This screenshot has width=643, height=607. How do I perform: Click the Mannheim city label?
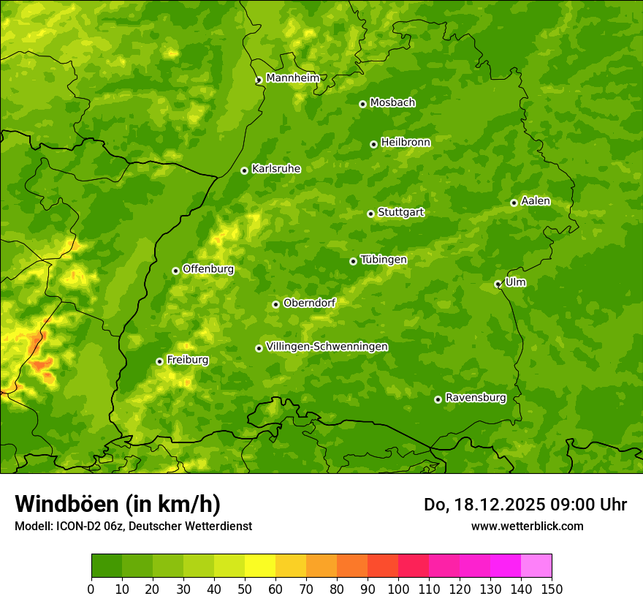click(x=292, y=78)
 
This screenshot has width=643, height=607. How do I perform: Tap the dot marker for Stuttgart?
click(x=370, y=214)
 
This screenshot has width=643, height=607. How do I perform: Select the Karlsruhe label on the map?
click(x=276, y=169)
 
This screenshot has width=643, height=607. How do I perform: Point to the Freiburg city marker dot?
click(x=159, y=361)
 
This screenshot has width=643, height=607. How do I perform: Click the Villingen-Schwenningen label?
click(x=327, y=347)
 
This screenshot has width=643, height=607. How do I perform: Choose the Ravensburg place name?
click(x=476, y=398)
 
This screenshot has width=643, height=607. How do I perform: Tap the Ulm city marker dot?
click(x=498, y=284)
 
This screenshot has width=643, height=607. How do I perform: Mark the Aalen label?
click(x=536, y=201)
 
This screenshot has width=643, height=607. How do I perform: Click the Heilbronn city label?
click(x=406, y=143)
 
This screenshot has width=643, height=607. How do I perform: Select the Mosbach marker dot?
click(x=362, y=104)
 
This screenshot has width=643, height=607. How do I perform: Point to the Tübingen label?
click(x=384, y=260)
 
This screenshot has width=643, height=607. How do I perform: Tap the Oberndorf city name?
click(x=309, y=303)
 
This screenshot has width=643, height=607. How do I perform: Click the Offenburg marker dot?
click(x=175, y=271)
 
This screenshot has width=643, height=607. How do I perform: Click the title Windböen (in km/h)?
click(x=118, y=504)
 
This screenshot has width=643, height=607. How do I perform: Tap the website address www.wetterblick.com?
click(x=527, y=526)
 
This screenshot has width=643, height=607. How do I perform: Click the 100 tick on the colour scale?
click(x=397, y=589)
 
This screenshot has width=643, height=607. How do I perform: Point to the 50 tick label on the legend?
click(x=244, y=589)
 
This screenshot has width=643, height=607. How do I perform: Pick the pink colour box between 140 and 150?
click(x=536, y=566)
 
